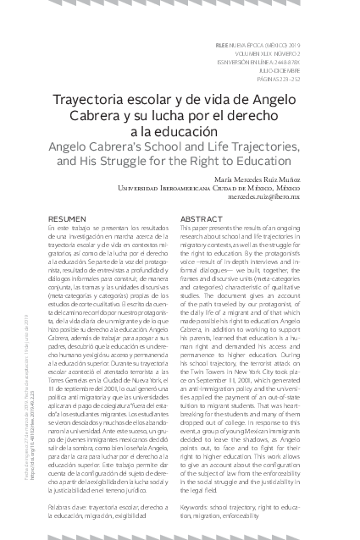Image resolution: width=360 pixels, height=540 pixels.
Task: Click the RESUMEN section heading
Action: click(67, 218)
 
